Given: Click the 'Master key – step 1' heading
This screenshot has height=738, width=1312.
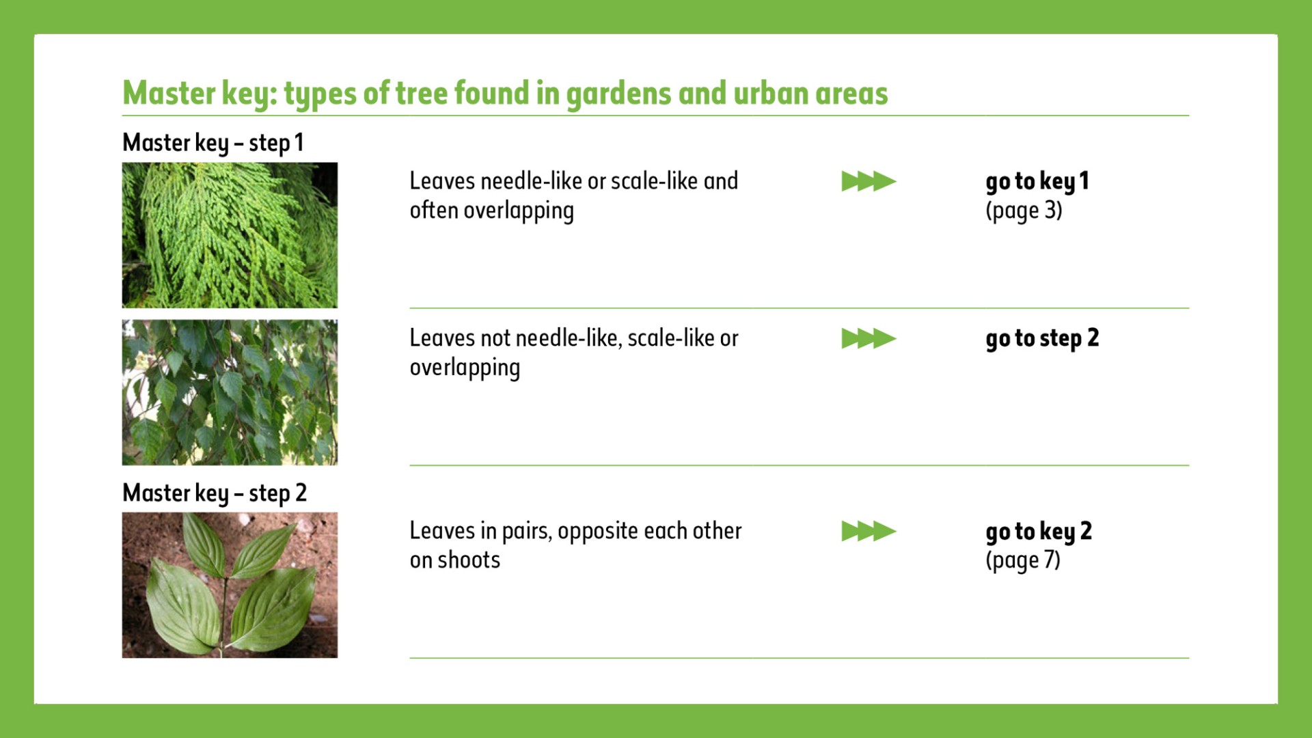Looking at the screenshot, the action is pos(213,143).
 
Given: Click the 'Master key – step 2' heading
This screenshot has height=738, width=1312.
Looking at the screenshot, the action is pos(215,493).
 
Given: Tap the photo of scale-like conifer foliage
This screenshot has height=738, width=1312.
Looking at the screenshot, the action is pos(230,235).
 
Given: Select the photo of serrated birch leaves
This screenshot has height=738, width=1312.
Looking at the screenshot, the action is pos(230,392).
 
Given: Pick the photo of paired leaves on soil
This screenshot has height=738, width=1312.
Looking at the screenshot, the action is pos(230,585).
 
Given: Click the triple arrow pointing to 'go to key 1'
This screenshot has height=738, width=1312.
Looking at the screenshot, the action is pos(869,181).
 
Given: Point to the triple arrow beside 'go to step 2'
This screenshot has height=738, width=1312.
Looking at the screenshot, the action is pos(869,338).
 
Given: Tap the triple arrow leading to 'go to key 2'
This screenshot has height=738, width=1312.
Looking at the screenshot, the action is pos(869,531).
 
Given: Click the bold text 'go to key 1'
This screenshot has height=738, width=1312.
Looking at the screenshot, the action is pos(1037,182).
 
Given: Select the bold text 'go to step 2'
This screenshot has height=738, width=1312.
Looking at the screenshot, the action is pos(1042,339).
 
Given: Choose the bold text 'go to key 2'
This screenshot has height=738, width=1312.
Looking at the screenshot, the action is pos(1039,532).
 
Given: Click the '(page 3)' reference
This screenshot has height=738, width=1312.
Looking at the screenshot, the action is pos(1024,211).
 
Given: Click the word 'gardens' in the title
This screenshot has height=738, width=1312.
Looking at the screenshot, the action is pos(619,94).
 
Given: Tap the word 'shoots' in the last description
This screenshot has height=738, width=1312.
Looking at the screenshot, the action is pos(469,560).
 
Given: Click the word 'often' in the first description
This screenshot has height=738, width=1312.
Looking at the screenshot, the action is pos(434,210).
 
